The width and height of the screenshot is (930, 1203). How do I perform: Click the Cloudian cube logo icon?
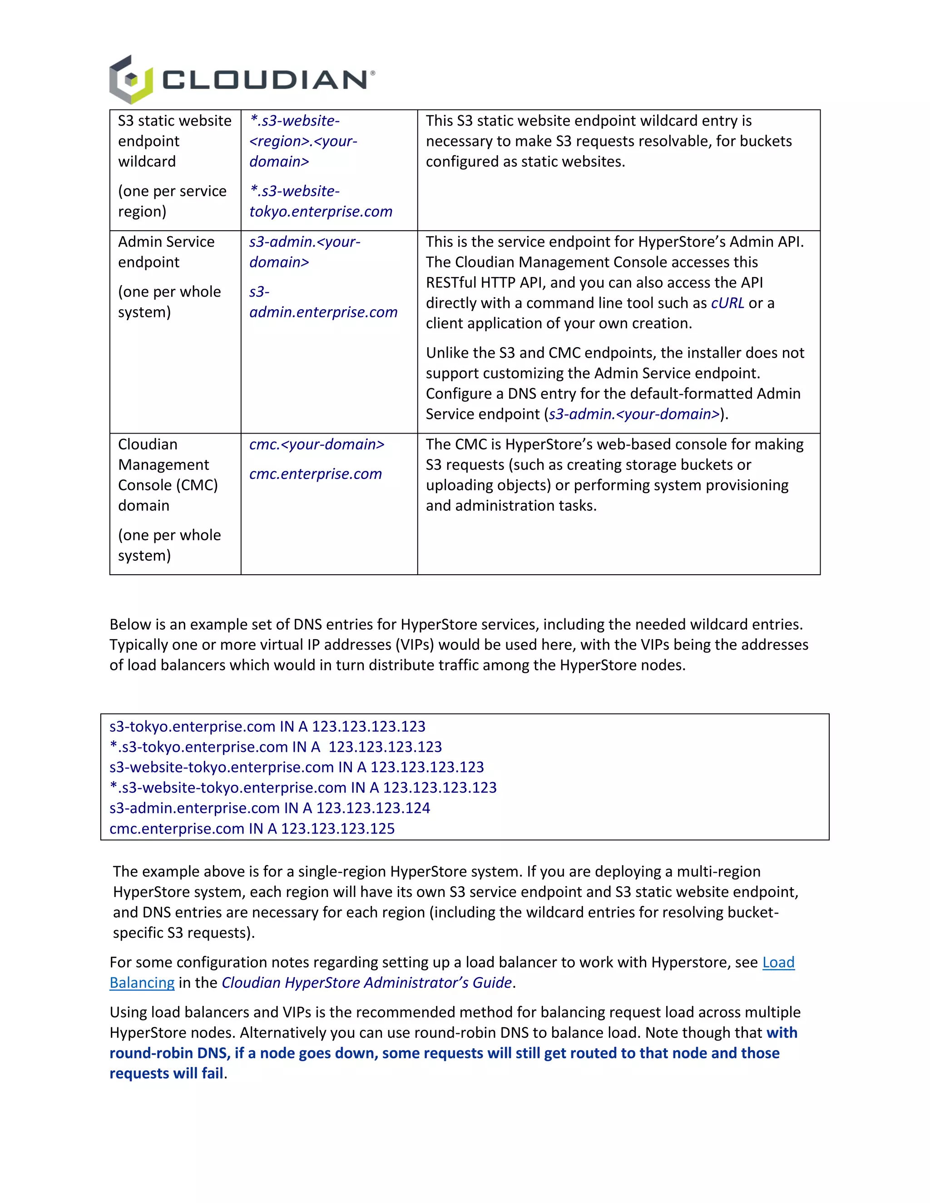tap(131, 80)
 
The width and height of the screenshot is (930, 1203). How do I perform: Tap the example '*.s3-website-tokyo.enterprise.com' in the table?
tap(321, 202)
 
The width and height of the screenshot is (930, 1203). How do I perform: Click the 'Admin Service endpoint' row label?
tap(166, 252)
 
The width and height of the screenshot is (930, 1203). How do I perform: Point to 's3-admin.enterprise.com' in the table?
tap(323, 302)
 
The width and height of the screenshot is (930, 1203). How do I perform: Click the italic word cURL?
tap(727, 303)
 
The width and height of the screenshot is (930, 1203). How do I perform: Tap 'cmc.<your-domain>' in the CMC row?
tap(317, 444)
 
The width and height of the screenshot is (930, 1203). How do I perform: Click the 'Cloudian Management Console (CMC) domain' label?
tap(168, 475)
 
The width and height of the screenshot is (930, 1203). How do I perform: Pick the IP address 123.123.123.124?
tap(373, 808)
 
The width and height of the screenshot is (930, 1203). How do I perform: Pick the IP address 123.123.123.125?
tap(338, 828)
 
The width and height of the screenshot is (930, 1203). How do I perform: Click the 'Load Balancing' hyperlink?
tap(778, 962)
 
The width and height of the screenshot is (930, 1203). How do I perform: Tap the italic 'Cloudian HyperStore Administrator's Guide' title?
tap(366, 983)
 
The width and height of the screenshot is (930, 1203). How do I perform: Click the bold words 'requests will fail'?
tap(166, 1073)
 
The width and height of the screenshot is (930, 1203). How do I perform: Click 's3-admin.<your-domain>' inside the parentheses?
tap(634, 414)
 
